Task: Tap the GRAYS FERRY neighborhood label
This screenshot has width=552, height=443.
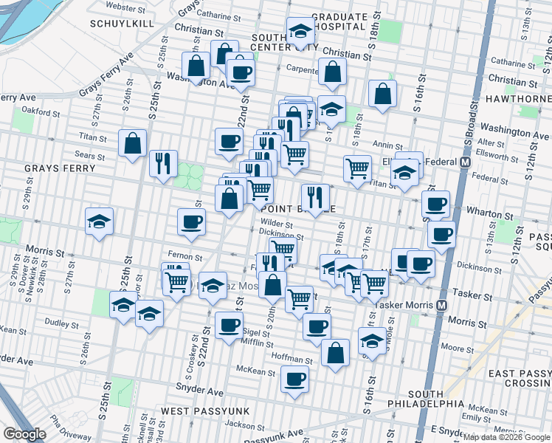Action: click(x=60, y=168)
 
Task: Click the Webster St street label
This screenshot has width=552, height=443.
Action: click(x=123, y=7)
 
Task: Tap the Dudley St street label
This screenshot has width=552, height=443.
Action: click(x=61, y=323)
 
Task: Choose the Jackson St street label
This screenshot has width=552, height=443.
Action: click(x=244, y=425)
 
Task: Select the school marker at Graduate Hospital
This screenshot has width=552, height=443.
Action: click(x=300, y=32)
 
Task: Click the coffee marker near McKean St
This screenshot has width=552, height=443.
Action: click(x=294, y=379)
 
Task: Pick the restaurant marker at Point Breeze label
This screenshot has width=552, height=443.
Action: click(x=315, y=197)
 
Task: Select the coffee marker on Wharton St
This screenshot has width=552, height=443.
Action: click(x=435, y=204)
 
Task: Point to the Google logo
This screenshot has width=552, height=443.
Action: click(x=24, y=434)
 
